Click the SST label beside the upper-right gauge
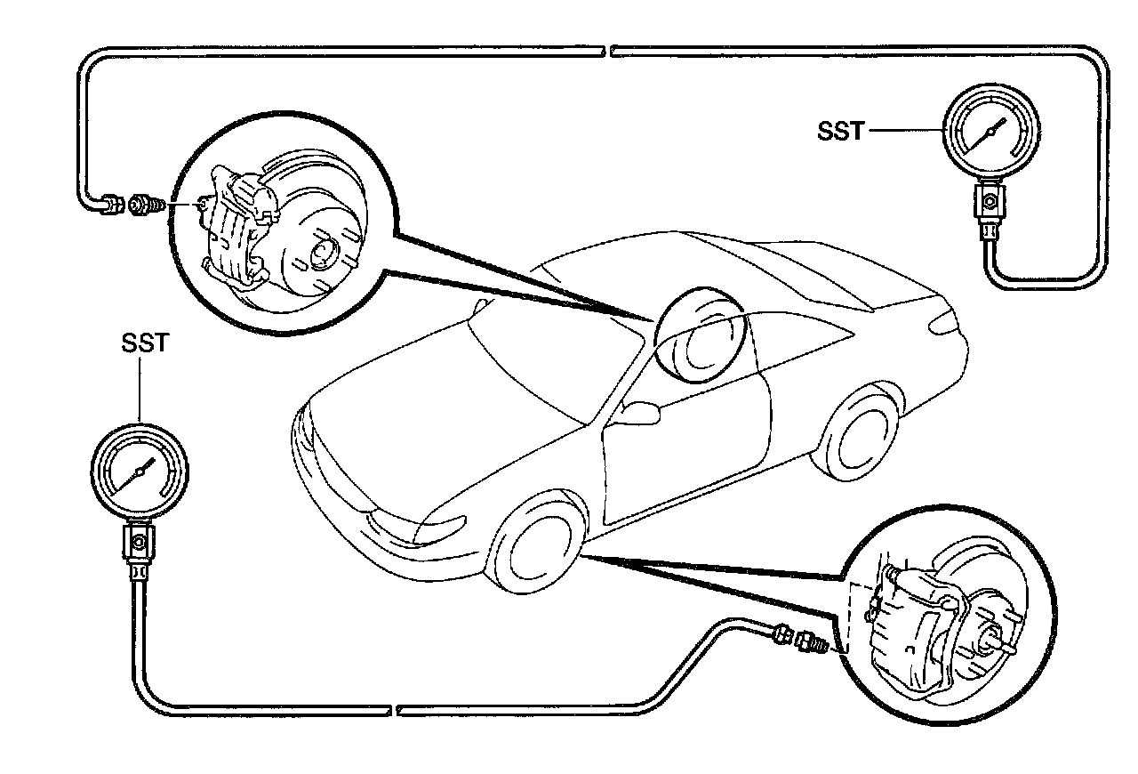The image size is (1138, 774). tap(840, 131)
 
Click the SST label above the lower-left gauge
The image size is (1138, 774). tap(143, 343)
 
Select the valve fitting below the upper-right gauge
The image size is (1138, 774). tap(988, 203)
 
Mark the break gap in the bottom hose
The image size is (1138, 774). tap(395, 710)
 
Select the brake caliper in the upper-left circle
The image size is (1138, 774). tap(236, 227)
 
